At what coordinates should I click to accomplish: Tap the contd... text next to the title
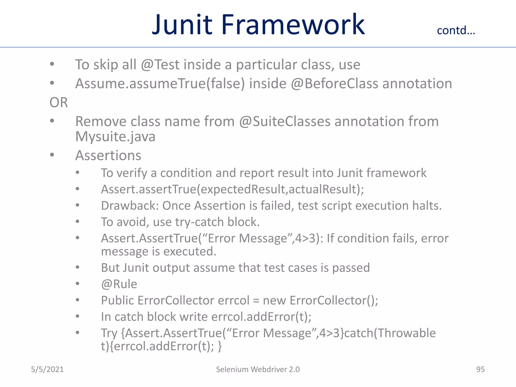tap(456, 30)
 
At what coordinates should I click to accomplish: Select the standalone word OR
tap(58, 103)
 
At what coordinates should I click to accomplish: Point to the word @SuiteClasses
tap(284, 121)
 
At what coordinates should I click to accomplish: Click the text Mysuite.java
tap(115, 137)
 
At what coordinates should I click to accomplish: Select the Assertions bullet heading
tap(108, 155)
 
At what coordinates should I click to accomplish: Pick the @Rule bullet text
tap(119, 284)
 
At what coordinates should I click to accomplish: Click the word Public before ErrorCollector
tap(117, 300)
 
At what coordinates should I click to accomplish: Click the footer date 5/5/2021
tap(47, 369)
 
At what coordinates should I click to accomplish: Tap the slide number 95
tap(480, 369)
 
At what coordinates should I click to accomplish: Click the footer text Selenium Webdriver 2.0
tap(258, 369)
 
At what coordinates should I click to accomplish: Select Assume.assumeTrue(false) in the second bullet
tap(160, 84)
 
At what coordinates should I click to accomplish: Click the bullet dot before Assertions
tap(52, 155)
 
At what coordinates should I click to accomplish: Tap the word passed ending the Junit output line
tap(351, 268)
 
